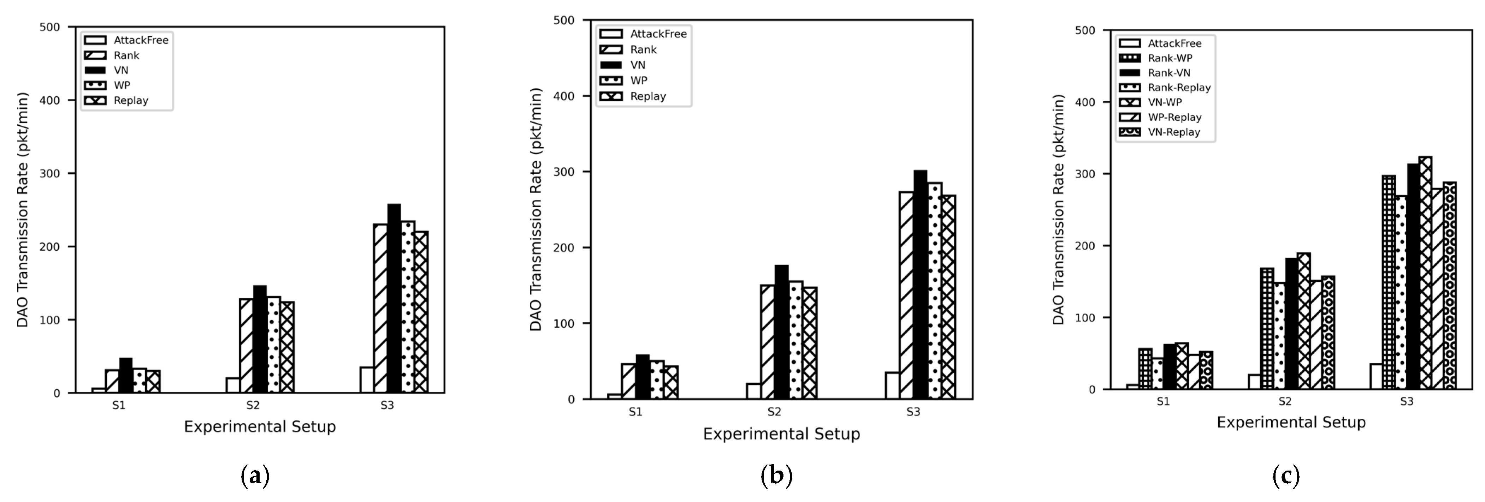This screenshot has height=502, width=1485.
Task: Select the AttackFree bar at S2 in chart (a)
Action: point(233,385)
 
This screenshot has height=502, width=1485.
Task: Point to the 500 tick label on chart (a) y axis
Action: point(49,27)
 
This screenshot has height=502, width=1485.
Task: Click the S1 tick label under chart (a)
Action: point(119,405)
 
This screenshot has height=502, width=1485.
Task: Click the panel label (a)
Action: point(254,476)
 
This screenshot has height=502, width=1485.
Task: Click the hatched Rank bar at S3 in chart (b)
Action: point(906,295)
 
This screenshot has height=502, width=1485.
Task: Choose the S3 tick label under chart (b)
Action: point(913,412)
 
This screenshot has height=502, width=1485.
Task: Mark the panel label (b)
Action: point(776,476)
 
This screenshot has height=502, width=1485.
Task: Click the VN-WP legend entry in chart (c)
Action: point(1165,102)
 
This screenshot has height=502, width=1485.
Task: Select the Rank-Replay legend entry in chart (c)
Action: point(1178,88)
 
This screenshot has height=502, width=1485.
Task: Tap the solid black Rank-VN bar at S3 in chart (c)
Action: point(1413,277)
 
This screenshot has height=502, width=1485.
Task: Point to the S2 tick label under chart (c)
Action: point(1285,401)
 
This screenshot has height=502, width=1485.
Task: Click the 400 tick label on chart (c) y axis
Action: point(1085,102)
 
